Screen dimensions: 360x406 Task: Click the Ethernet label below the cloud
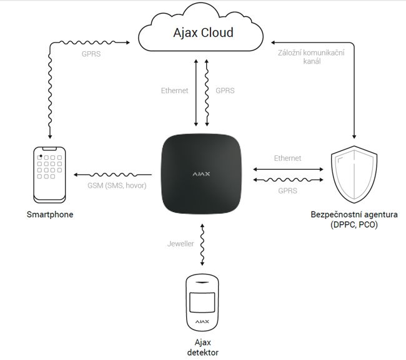tap(174, 90)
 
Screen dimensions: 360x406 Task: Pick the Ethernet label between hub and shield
tap(287, 158)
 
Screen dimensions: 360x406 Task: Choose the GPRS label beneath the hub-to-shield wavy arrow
tap(287, 190)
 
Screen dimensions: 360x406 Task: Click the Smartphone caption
tap(50, 215)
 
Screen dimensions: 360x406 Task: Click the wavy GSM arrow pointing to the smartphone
tap(112, 175)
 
